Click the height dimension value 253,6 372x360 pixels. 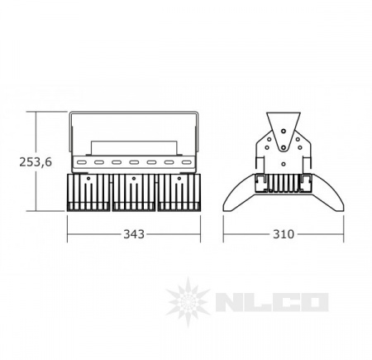point(36,162)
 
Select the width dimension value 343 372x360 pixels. point(134,234)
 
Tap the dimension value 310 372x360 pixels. point(284,234)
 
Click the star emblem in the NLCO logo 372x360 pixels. point(188,302)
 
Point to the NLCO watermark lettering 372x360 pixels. point(272,303)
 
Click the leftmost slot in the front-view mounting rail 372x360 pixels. point(81,162)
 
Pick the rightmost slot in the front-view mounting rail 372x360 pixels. point(187,162)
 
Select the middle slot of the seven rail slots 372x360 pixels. point(134,162)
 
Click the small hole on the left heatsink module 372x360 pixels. point(88,179)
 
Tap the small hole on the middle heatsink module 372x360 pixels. point(134,179)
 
